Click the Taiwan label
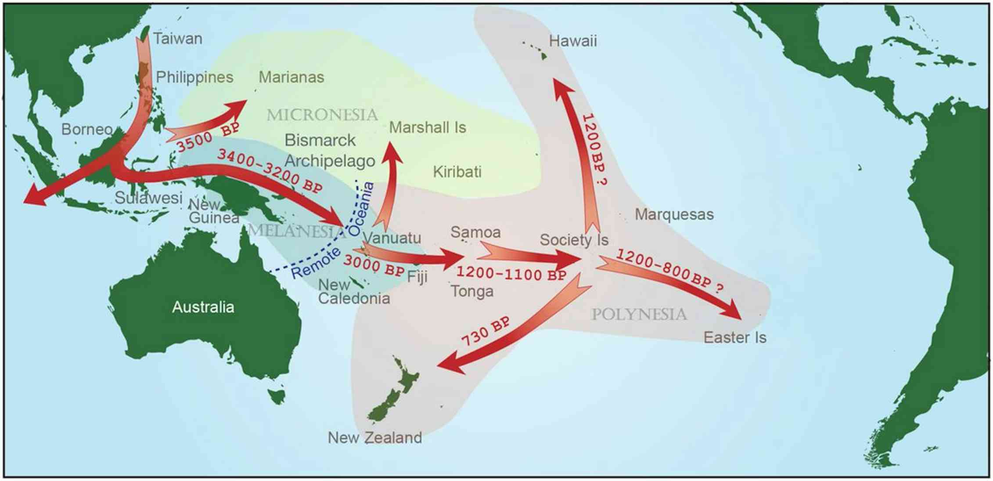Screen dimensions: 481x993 pyautogui.click(x=177, y=39)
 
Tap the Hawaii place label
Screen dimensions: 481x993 pyautogui.click(x=572, y=41)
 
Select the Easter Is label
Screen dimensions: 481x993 pyautogui.click(x=734, y=337)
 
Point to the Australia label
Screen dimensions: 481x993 pyautogui.click(x=203, y=307)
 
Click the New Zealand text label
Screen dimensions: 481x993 pyautogui.click(x=374, y=438)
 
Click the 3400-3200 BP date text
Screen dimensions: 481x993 pyautogui.click(x=270, y=170)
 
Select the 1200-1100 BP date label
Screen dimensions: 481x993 pyautogui.click(x=511, y=274)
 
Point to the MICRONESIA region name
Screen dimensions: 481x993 pyautogui.click(x=322, y=115)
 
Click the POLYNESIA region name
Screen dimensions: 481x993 pyautogui.click(x=639, y=315)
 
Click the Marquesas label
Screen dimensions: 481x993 pyautogui.click(x=674, y=214)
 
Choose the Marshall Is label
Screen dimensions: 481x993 pyautogui.click(x=427, y=128)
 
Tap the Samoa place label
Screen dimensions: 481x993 pyautogui.click(x=475, y=232)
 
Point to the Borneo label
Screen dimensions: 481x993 pyautogui.click(x=86, y=129)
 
